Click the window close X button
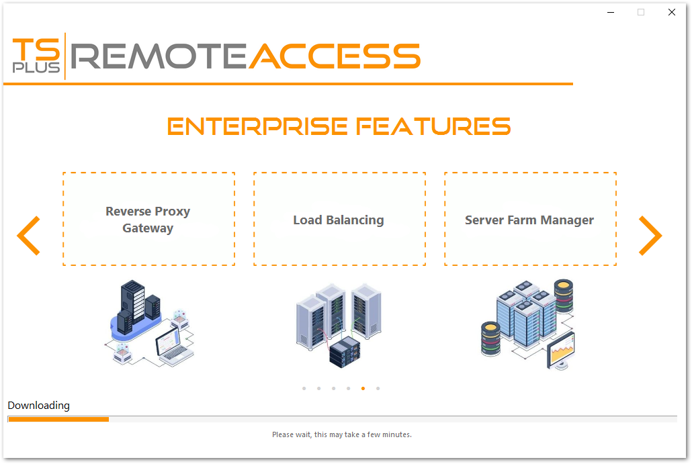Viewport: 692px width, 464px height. pyautogui.click(x=671, y=12)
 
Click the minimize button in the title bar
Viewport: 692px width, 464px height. pyautogui.click(x=611, y=12)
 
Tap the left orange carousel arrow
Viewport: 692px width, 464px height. pyautogui.click(x=29, y=235)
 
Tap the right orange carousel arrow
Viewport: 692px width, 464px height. pyautogui.click(x=650, y=235)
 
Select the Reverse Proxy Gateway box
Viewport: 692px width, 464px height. pyautogui.click(x=148, y=219)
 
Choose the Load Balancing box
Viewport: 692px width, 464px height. pyautogui.click(x=339, y=219)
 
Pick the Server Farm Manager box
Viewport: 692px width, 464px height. pyautogui.click(x=530, y=219)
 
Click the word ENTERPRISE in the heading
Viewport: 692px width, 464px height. pyautogui.click(x=257, y=126)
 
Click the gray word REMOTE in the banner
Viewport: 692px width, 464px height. pyautogui.click(x=159, y=56)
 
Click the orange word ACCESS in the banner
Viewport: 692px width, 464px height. pyautogui.click(x=334, y=56)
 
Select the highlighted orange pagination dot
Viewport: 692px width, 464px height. pyautogui.click(x=363, y=388)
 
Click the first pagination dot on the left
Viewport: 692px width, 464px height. pyautogui.click(x=304, y=388)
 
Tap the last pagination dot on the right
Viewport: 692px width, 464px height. pyautogui.click(x=378, y=388)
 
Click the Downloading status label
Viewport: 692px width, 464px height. pyautogui.click(x=38, y=406)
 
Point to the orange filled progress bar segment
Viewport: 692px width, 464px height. pyautogui.click(x=58, y=419)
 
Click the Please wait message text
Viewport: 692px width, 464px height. pyautogui.click(x=341, y=434)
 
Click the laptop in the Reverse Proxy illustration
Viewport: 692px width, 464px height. pyautogui.click(x=173, y=346)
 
